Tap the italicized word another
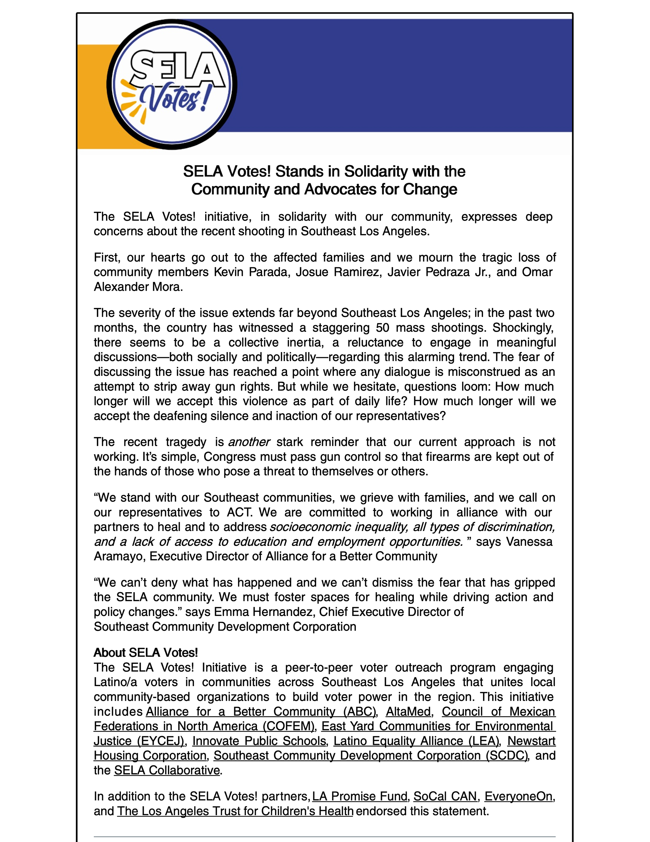(249, 442)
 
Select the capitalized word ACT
(239, 512)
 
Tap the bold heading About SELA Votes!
(146, 653)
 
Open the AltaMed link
(408, 712)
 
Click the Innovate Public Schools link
(259, 741)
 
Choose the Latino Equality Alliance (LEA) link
(416, 741)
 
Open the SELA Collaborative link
(167, 770)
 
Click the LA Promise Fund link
(360, 797)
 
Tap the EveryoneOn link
(518, 797)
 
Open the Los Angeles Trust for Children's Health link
(235, 811)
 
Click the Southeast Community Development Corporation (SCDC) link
(371, 756)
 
